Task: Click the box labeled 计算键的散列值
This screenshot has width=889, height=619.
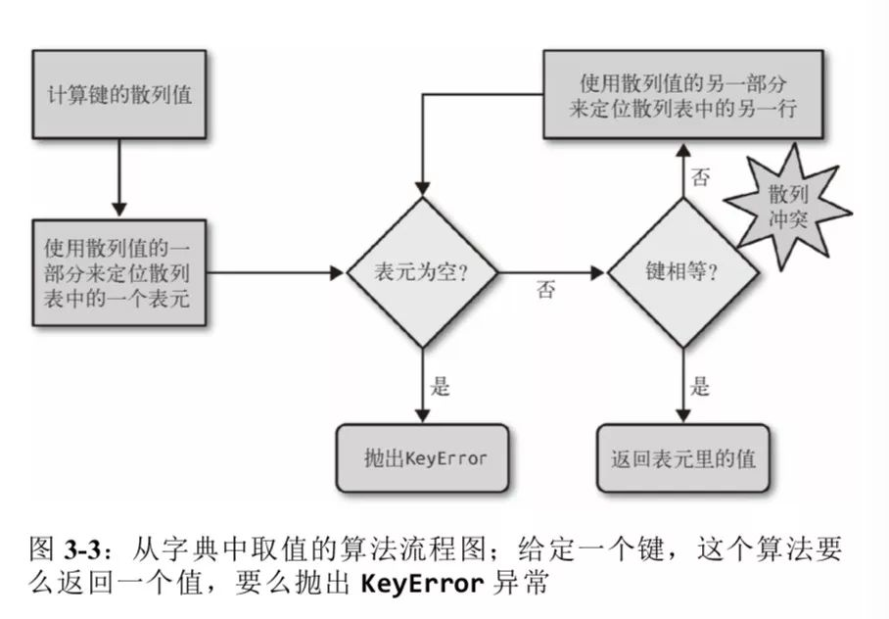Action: coord(119,96)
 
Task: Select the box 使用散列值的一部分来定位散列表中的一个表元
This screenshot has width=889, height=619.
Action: coord(119,272)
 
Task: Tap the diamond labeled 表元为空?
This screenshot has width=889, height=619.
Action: coord(422,272)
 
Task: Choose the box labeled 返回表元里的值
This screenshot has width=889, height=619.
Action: coord(682,458)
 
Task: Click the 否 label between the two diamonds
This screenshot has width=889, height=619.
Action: coord(546,292)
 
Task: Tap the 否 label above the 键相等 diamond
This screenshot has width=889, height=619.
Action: coord(701,176)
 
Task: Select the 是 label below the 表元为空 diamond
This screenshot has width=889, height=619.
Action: coord(442,386)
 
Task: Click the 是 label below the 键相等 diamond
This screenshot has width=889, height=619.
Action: coord(701,386)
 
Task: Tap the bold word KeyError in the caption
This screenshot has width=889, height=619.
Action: coord(422,585)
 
